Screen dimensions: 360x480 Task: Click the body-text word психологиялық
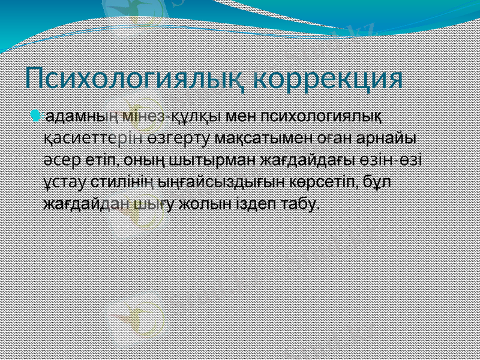(323, 115)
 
